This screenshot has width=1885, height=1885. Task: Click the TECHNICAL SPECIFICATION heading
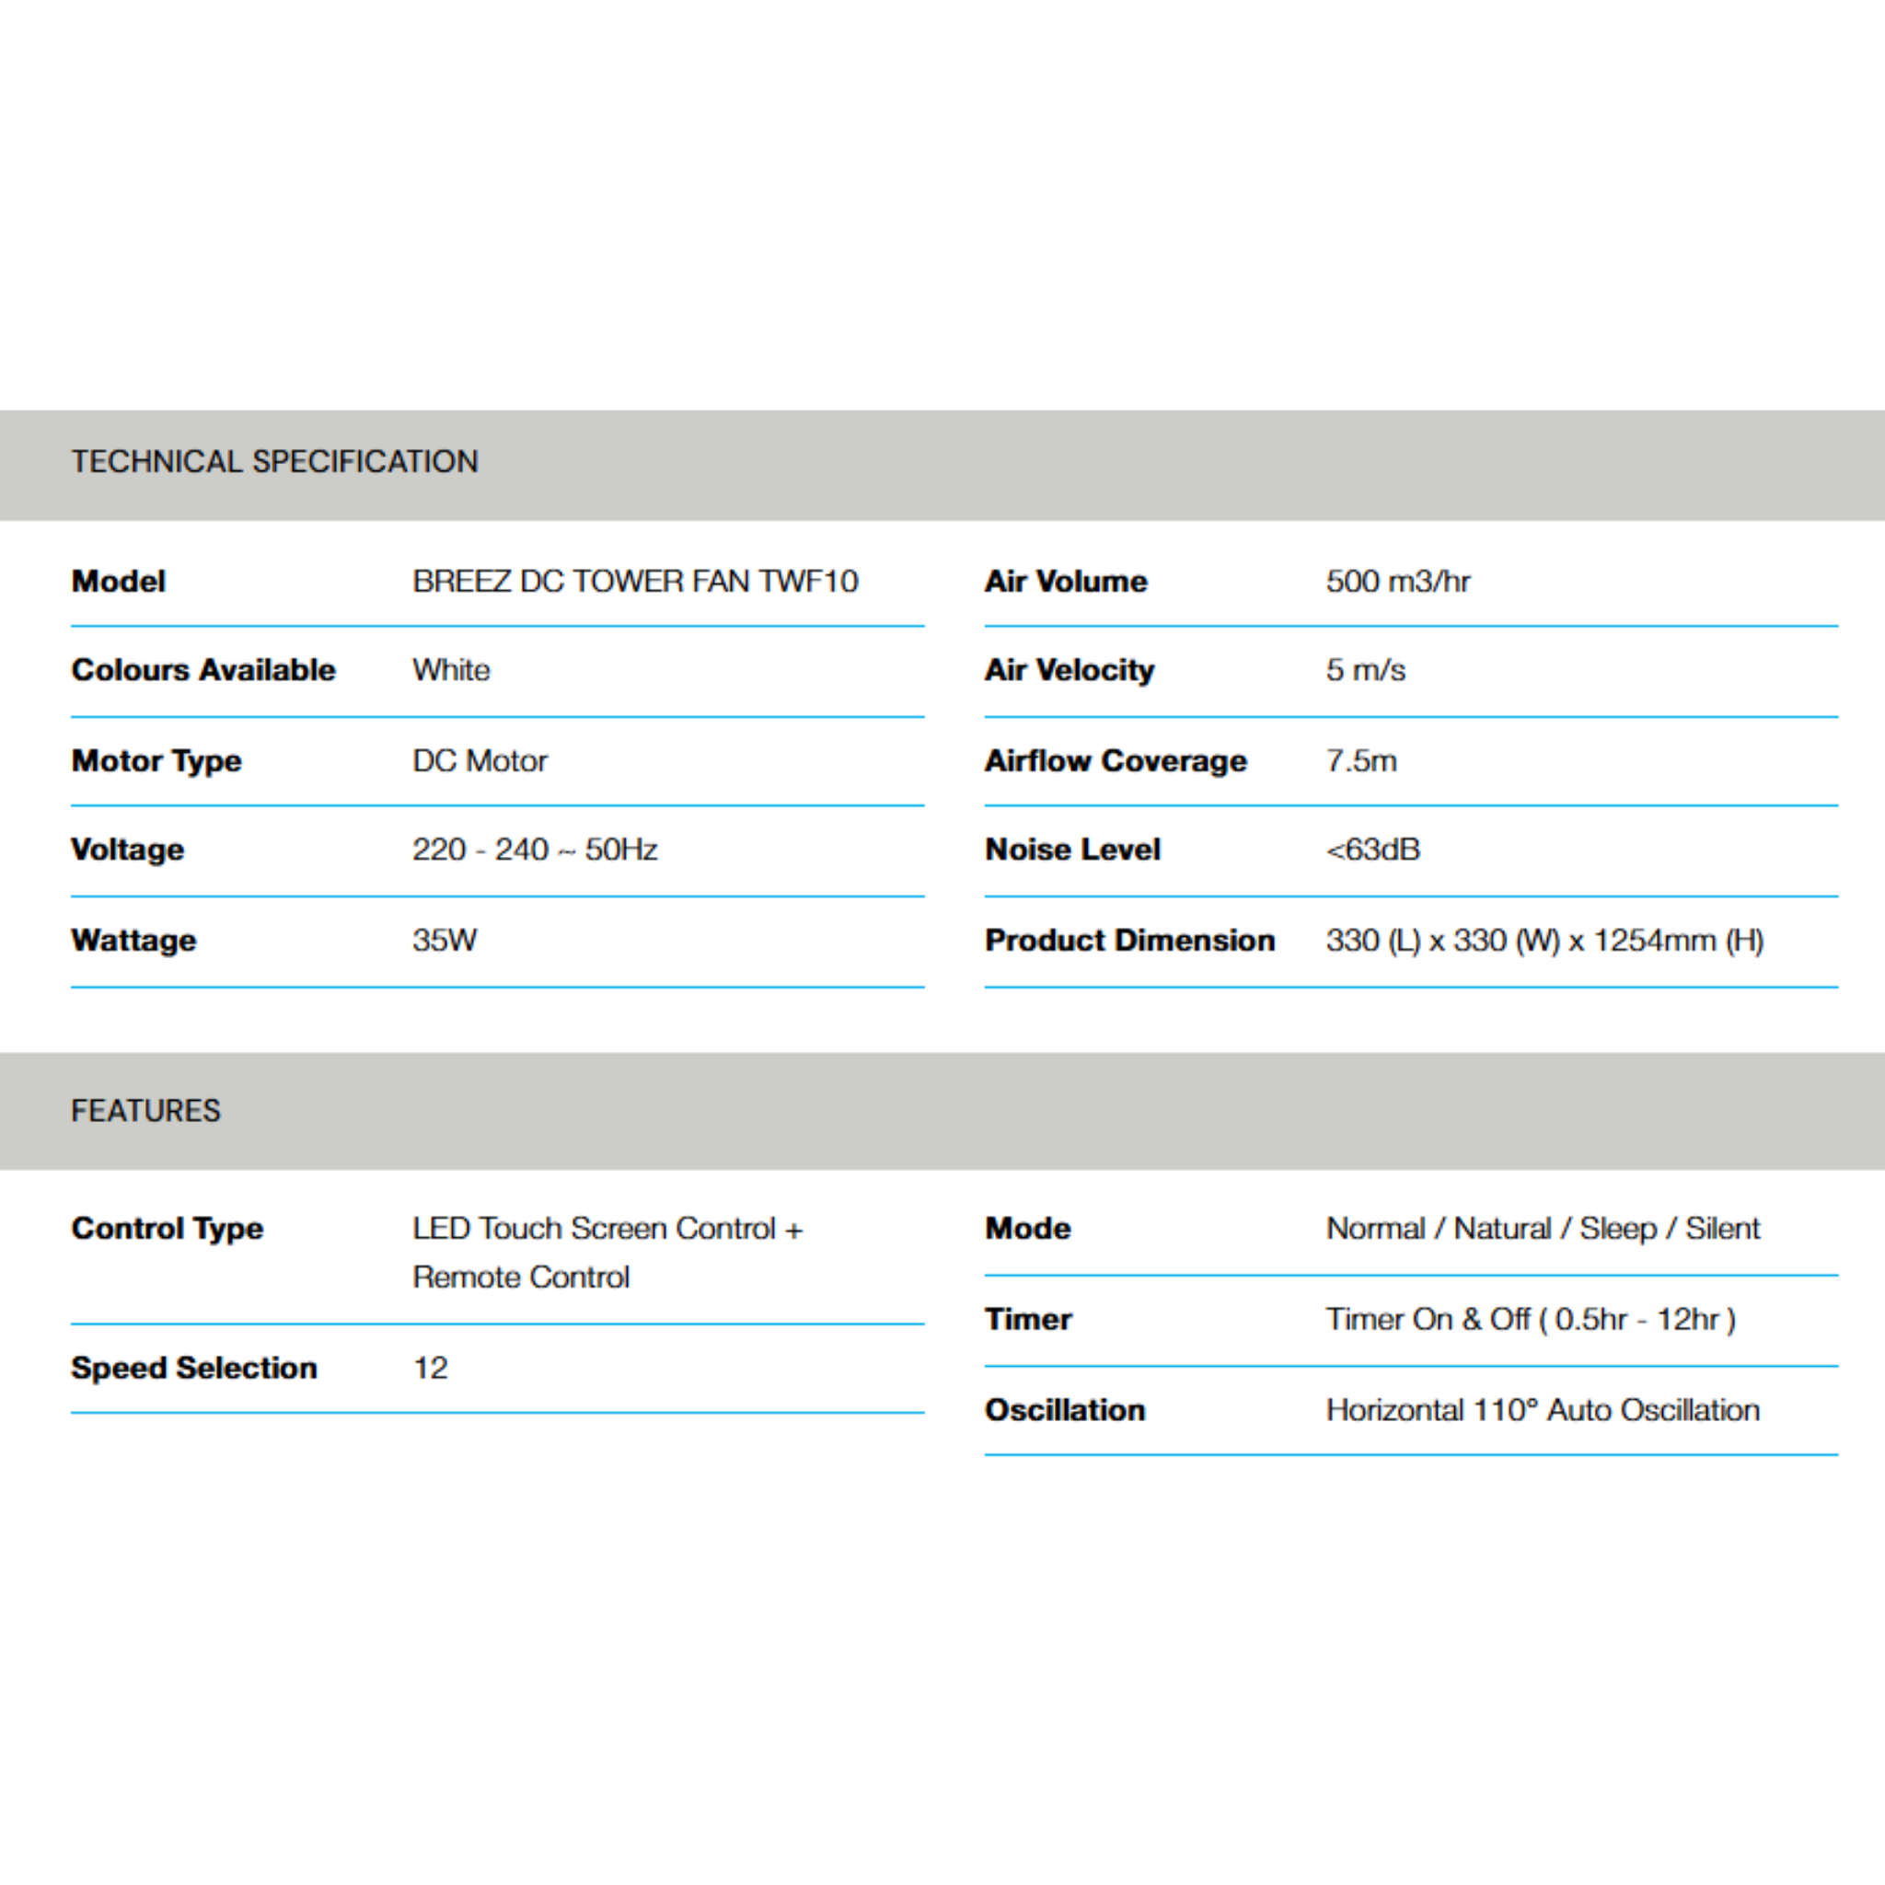(274, 461)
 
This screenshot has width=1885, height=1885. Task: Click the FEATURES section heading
(145, 1110)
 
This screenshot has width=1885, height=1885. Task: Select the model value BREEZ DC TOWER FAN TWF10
(634, 582)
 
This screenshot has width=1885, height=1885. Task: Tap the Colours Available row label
(202, 670)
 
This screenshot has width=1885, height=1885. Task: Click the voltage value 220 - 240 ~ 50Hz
(534, 850)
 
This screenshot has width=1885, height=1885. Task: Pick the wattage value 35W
(444, 941)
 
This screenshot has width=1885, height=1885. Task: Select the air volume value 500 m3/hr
(1397, 582)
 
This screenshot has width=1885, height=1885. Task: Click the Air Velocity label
(1069, 670)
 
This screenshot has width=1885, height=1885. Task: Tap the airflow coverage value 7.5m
(1361, 761)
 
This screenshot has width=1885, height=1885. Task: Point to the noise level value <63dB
(1371, 850)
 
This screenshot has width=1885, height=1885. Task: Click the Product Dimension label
(1128, 941)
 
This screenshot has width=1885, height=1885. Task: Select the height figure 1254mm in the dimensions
(1654, 941)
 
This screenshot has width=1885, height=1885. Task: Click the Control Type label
(167, 1229)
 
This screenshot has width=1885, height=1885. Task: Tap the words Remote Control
(520, 1278)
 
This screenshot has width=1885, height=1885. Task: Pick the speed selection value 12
(429, 1368)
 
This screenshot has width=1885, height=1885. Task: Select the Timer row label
(1027, 1319)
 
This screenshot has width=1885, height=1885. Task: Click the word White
(451, 670)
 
